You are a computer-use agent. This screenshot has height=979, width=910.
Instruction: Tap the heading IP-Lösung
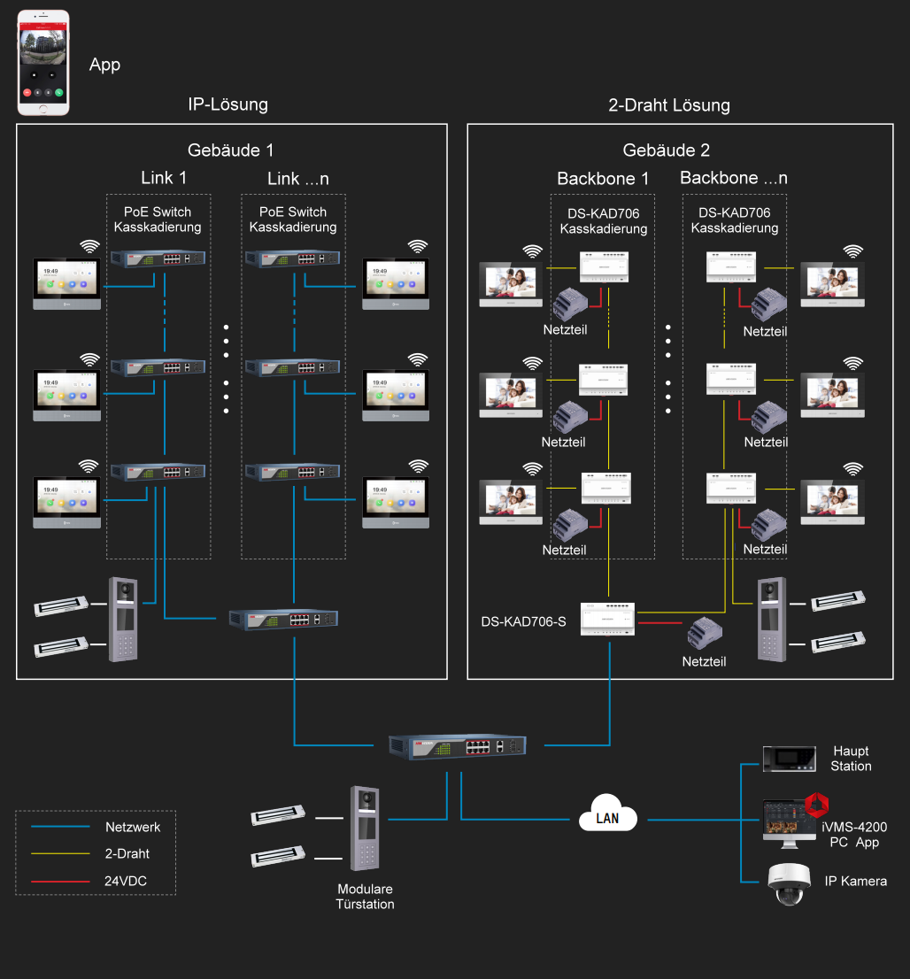click(227, 104)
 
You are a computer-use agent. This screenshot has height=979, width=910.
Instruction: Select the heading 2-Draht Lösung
click(669, 105)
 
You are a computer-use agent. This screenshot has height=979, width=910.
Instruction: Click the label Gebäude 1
click(224, 150)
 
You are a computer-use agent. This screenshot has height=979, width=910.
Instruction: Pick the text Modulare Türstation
click(365, 896)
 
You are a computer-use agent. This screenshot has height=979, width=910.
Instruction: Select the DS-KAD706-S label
click(523, 621)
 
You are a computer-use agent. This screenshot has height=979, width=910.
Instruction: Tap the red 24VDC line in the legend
click(60, 882)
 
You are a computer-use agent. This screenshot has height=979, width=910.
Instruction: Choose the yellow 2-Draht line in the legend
click(60, 854)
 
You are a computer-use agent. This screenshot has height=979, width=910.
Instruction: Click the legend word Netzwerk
click(133, 828)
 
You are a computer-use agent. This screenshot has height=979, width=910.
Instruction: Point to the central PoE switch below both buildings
click(456, 746)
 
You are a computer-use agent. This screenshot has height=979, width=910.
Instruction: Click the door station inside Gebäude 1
click(125, 620)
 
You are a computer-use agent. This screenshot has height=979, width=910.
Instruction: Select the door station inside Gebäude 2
click(771, 620)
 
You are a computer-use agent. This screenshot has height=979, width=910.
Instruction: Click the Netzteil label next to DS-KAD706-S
click(704, 661)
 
